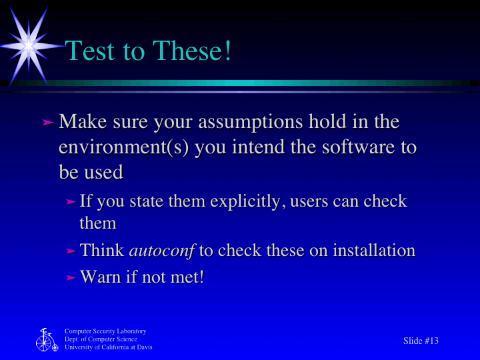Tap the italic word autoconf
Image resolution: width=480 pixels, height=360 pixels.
161,251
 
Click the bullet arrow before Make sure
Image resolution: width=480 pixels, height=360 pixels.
47,123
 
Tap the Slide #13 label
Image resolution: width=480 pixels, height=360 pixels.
421,341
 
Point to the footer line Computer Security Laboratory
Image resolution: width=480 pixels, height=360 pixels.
105,331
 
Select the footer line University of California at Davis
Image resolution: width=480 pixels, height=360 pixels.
108,347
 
